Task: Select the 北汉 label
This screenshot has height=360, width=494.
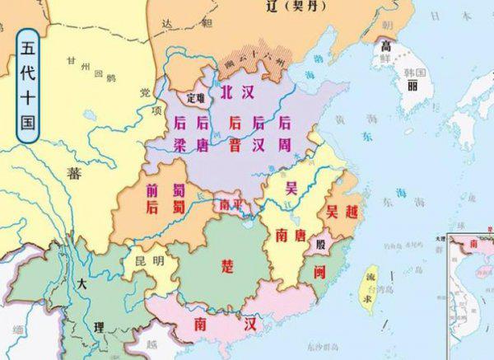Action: point(236,95)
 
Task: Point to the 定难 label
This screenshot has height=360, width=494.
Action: point(194,98)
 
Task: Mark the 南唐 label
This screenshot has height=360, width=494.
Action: point(292,233)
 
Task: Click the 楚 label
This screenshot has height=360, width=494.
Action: point(227,265)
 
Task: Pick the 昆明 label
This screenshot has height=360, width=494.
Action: point(149,262)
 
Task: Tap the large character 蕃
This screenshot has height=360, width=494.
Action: point(76,172)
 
